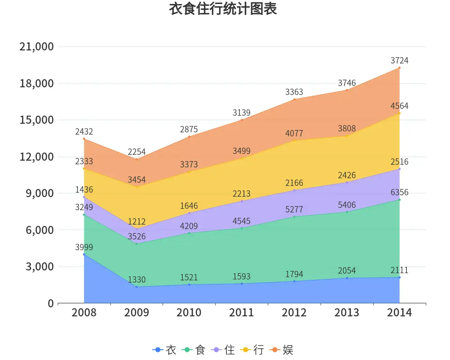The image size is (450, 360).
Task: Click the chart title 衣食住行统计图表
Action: coord(223,9)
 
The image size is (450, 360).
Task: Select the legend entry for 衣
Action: coord(165,350)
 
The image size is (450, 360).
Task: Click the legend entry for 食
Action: coord(194,350)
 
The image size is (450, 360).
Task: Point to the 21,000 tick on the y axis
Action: coord(37,47)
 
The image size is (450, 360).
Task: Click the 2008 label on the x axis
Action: coord(84,313)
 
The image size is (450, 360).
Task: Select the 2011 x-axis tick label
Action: coord(242,313)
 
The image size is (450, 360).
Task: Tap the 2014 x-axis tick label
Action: coord(399,313)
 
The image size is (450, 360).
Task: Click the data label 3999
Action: coord(84,247)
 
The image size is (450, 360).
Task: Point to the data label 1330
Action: coord(137,279)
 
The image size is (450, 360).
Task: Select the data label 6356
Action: coord(399,192)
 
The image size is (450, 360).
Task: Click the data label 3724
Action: coord(399,60)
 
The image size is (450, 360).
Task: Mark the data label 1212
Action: coord(137,221)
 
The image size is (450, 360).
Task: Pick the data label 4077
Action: coord(294,134)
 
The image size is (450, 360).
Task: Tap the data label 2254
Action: coord(137,152)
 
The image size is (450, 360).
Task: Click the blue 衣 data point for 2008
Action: coord(84,254)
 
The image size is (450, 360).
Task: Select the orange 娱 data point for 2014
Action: coord(399,68)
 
